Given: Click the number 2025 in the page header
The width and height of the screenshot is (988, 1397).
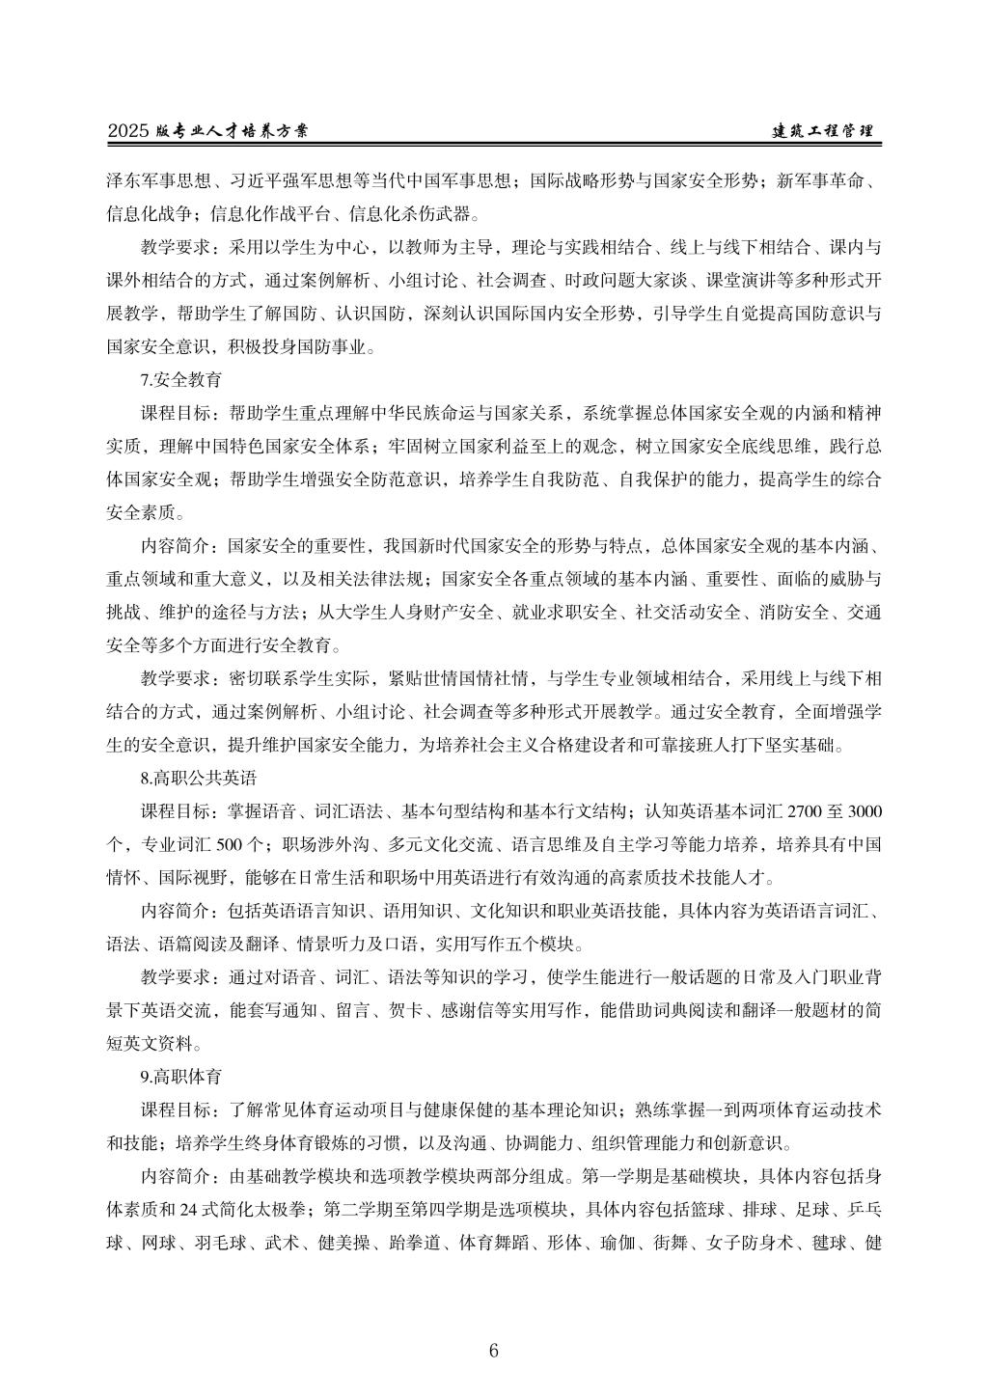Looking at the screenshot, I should point(129,131).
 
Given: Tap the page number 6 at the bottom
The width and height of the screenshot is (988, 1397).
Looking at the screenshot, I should point(494,1350).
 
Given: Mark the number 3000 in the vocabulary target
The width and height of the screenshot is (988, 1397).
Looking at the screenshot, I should point(863,808).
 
